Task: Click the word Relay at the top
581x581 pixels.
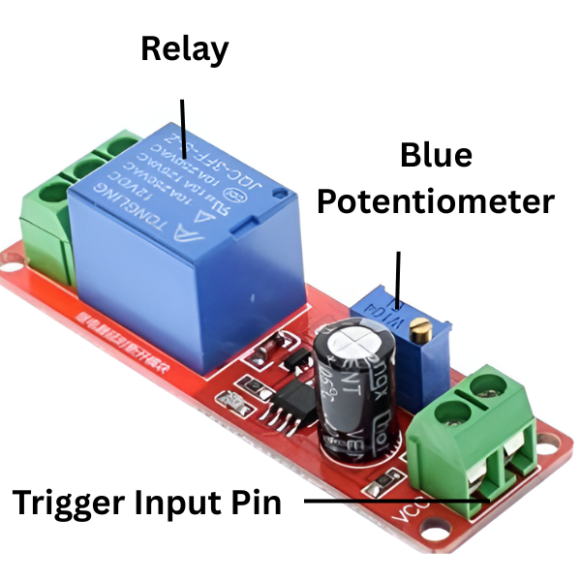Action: pos(184,48)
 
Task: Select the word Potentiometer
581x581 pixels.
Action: pos(436,200)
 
